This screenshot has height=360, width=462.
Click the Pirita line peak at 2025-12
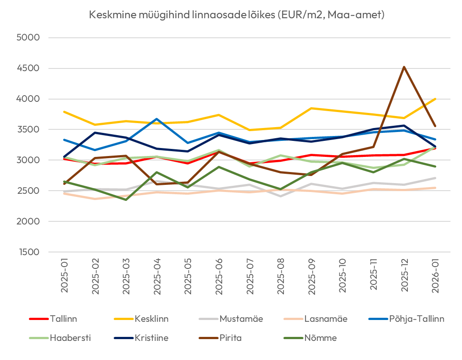[x=404, y=67]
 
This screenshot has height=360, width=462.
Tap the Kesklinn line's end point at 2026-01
[x=435, y=99]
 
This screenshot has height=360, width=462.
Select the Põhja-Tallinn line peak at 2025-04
[x=157, y=119]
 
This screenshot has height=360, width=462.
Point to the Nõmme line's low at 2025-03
[x=126, y=200]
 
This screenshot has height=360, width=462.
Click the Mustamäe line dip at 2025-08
[x=280, y=196]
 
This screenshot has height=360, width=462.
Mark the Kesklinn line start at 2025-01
[x=64, y=112]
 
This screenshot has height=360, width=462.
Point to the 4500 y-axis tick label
[x=28, y=68]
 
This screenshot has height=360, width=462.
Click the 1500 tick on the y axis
[x=28, y=252]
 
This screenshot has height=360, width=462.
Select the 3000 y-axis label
[x=28, y=160]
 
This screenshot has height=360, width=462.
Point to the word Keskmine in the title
[x=109, y=15]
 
